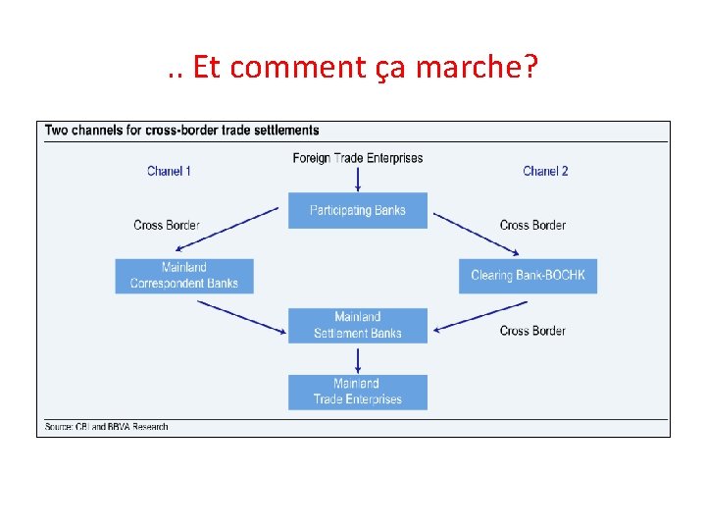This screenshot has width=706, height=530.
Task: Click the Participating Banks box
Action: click(x=358, y=210)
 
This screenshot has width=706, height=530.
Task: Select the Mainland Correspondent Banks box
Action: click(x=184, y=275)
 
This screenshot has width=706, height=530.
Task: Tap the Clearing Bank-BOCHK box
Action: click(x=528, y=275)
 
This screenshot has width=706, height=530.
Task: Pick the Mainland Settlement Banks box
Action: click(x=358, y=325)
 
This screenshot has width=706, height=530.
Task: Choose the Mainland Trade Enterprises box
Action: click(x=358, y=392)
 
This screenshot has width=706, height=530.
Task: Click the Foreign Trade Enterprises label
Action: click(x=358, y=158)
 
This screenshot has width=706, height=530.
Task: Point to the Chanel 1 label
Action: click(x=169, y=171)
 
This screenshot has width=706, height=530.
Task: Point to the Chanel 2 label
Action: click(x=545, y=171)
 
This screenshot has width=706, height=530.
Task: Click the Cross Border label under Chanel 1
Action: click(x=167, y=225)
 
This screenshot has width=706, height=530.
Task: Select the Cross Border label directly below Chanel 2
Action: click(x=532, y=225)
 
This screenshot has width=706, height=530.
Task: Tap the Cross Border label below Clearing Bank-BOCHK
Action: click(x=532, y=331)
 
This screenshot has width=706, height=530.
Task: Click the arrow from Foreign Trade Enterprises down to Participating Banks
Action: click(x=358, y=179)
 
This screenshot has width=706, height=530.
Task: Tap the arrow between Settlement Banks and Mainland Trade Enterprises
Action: click(x=358, y=358)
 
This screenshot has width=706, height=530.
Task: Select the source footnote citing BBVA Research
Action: click(x=106, y=427)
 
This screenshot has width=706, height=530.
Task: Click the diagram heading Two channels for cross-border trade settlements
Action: click(x=182, y=130)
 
